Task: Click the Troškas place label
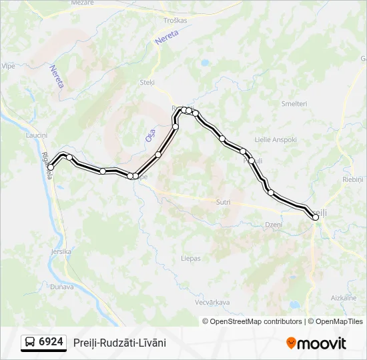coord(175,21)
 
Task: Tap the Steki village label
coord(147,83)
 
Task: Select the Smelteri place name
coord(294,104)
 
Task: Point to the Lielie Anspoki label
coord(276,140)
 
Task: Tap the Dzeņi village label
coord(274,225)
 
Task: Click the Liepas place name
coord(191,258)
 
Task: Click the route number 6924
coord(51,342)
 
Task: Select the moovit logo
coord(316,343)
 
